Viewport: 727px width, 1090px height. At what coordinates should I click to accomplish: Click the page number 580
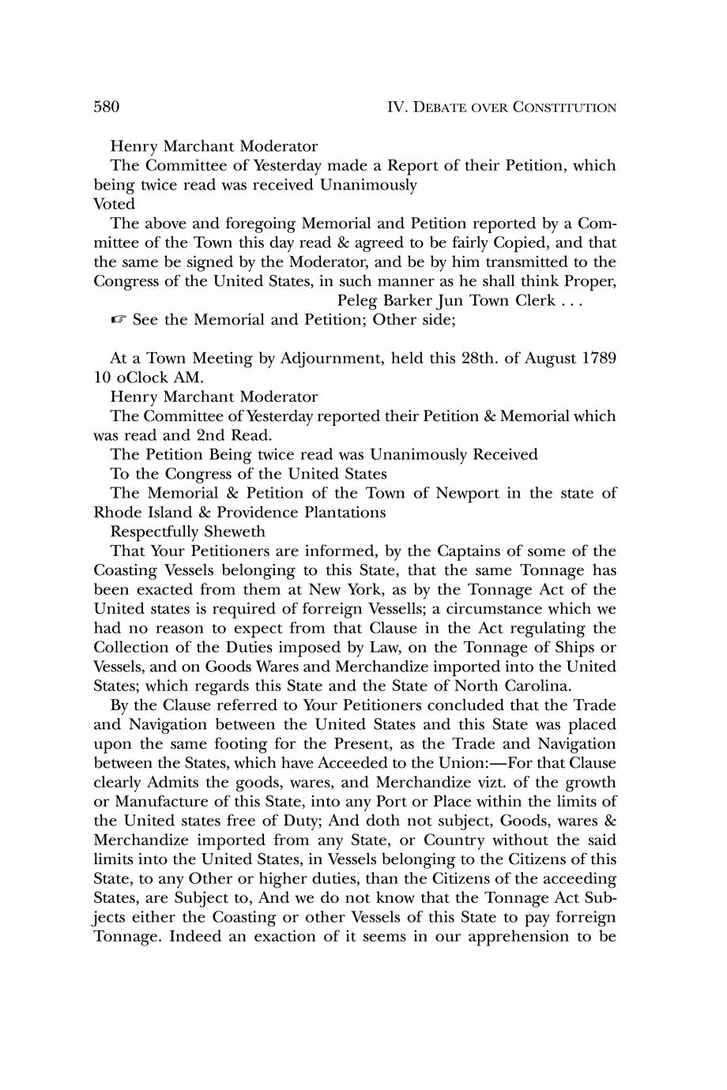[106, 107]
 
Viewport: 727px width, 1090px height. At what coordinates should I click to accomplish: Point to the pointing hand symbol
[118, 320]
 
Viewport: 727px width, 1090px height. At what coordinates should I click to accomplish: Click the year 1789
[598, 358]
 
